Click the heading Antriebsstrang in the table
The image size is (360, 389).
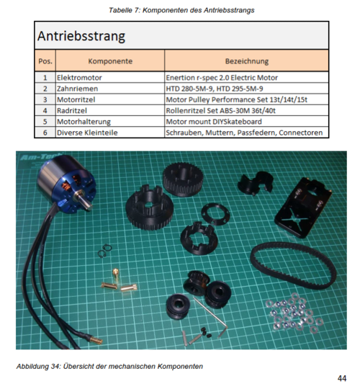pyautogui.click(x=81, y=36)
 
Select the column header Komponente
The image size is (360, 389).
pyautogui.click(x=110, y=61)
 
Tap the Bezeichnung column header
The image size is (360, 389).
pyautogui.click(x=247, y=61)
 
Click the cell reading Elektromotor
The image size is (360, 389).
pyautogui.click(x=79, y=78)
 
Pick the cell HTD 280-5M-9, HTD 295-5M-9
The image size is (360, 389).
pyautogui.click(x=215, y=89)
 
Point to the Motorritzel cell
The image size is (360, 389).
pyautogui.click(x=76, y=99)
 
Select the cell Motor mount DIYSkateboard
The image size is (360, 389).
pyautogui.click(x=214, y=122)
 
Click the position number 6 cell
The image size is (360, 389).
pyautogui.click(x=45, y=133)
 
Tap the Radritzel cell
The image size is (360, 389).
pyautogui.click(x=72, y=110)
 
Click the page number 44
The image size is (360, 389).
pyautogui.click(x=342, y=378)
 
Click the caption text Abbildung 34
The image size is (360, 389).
pyautogui.click(x=37, y=367)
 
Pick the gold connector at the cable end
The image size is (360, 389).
pyautogui.click(x=94, y=339)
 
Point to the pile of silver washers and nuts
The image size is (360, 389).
pyautogui.click(x=294, y=313)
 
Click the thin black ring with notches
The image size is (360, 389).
pyautogui.click(x=215, y=214)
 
